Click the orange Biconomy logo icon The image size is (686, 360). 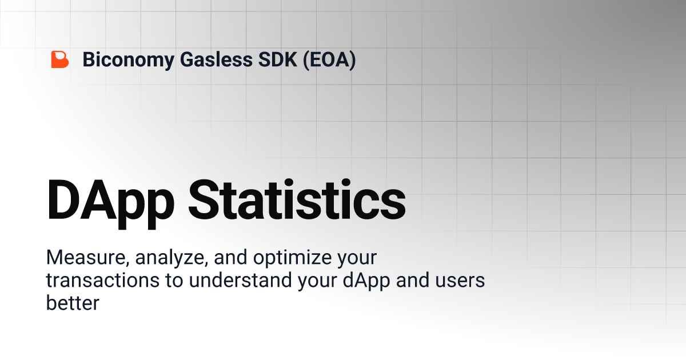tap(59, 59)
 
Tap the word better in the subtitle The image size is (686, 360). tap(73, 303)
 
